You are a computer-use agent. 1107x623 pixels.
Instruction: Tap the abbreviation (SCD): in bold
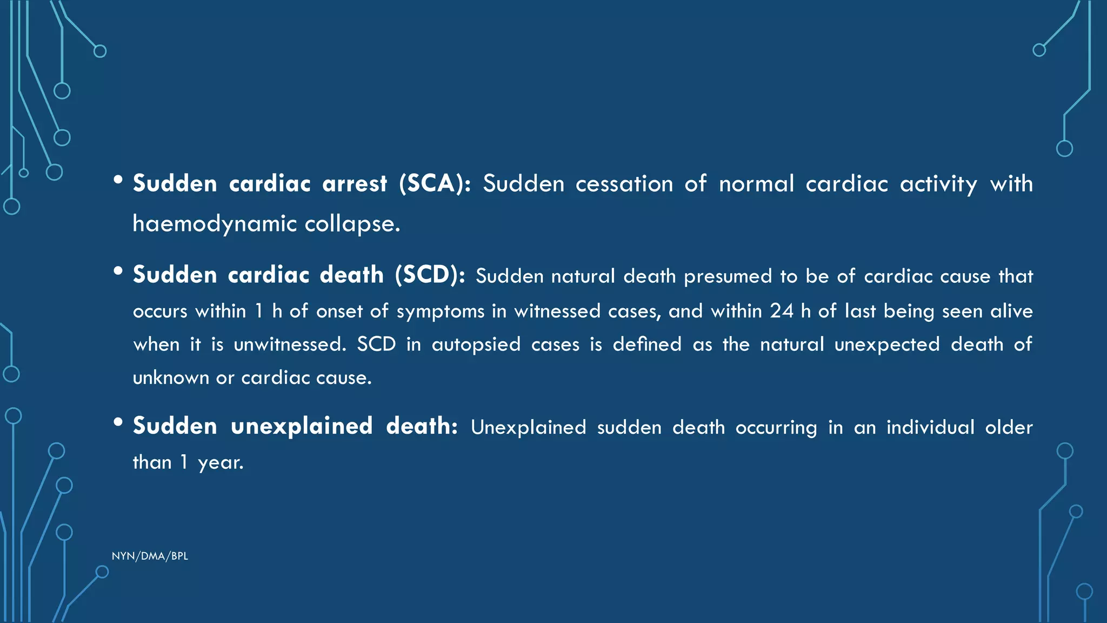(430, 275)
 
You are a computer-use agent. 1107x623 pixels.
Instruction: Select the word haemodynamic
(215, 224)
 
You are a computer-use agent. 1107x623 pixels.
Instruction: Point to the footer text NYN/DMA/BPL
(150, 556)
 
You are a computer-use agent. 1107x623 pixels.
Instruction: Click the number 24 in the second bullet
(782, 311)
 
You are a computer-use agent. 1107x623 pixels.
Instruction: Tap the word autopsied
(476, 344)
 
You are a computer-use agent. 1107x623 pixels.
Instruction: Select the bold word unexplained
(302, 426)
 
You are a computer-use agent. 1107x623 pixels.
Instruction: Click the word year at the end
(221, 463)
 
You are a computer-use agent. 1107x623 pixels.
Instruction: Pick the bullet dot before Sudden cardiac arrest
(118, 180)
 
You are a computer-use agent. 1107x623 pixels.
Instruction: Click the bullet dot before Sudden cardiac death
(118, 271)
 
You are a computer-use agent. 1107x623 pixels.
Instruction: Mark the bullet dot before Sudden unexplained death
(118, 422)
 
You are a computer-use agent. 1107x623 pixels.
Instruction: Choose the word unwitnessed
(289, 344)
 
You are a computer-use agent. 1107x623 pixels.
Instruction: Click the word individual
(930, 427)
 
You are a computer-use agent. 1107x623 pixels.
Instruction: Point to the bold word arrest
(355, 184)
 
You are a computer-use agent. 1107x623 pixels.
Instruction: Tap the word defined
(647, 344)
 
